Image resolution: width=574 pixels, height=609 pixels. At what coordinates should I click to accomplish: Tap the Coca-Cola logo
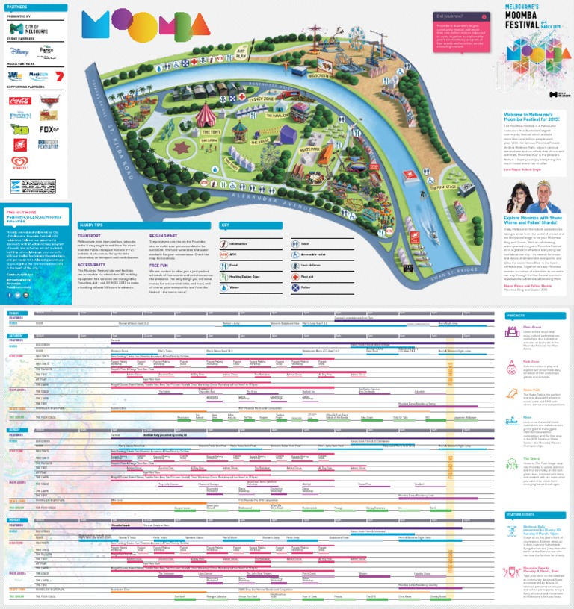20,100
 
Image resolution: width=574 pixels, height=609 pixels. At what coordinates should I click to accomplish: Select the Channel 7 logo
58,75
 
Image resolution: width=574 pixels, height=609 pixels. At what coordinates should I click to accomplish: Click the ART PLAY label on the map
240,51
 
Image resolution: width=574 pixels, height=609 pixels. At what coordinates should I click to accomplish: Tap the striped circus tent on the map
203,116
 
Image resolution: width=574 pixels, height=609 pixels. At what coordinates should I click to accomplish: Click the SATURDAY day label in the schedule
16,335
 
